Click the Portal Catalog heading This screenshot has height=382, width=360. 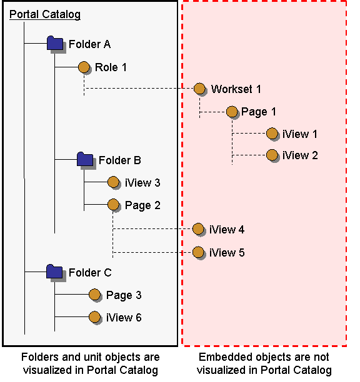point(45,14)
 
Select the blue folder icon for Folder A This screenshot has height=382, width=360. point(55,44)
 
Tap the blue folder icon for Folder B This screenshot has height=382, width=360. point(84,160)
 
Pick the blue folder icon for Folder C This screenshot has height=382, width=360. point(54,272)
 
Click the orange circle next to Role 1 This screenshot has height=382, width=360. point(84,66)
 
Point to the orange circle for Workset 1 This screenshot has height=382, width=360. point(199,89)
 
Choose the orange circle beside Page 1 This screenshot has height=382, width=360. point(232,112)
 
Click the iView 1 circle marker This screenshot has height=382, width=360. point(271,134)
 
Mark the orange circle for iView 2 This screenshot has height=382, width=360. point(271,155)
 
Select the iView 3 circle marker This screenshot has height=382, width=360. point(113,182)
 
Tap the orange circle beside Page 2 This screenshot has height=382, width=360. point(113,204)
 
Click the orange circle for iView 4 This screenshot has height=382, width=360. point(198,229)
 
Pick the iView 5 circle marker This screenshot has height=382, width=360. point(198,252)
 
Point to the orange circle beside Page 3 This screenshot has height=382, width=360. point(94,295)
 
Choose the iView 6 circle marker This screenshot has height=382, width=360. point(94,317)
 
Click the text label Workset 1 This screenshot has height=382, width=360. point(236,89)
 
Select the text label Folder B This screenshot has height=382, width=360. point(119,160)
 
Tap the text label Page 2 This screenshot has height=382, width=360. point(142,205)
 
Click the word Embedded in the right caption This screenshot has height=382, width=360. point(221,358)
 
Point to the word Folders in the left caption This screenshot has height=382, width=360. point(39,358)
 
